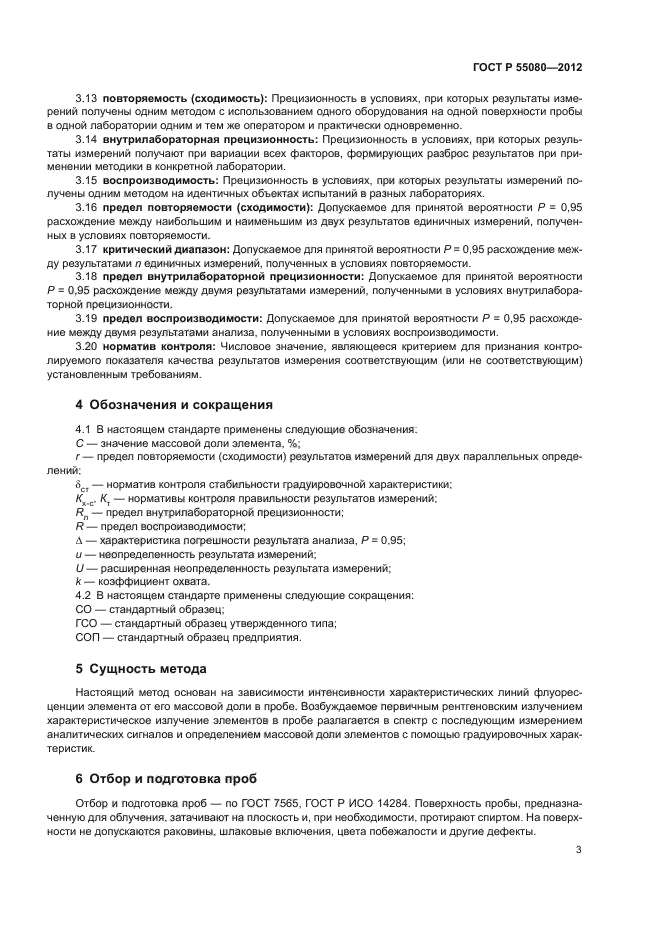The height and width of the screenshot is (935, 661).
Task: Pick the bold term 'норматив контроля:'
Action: coord(159,345)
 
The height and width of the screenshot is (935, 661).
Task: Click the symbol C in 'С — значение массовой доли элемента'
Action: coord(79,443)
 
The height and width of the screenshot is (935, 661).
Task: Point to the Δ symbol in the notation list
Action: coord(79,540)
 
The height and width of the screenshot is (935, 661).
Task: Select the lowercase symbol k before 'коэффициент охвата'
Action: coord(78,582)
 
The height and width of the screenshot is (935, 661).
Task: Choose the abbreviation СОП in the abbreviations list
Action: coord(89,637)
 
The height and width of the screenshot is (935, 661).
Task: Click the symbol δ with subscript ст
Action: coord(81,485)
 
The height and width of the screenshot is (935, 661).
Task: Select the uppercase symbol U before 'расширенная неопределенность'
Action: coord(79,568)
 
